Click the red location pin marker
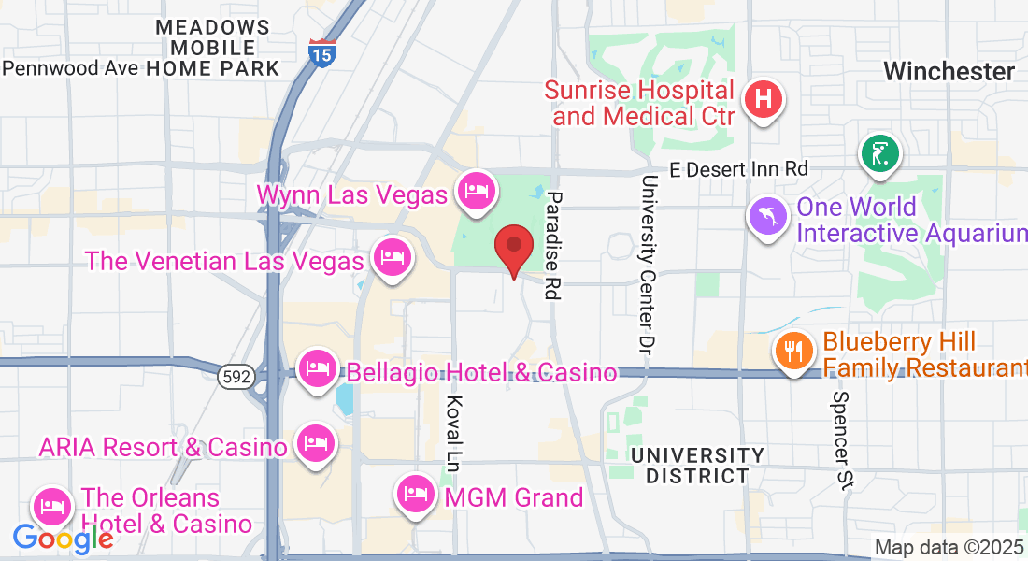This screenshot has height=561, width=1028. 513,247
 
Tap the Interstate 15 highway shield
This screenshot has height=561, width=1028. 321,51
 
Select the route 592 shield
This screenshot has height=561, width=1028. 234,376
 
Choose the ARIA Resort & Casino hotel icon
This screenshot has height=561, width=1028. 314,443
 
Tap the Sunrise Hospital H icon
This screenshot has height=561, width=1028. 764,97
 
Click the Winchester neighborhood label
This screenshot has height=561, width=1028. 949,71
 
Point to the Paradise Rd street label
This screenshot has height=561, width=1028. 553,245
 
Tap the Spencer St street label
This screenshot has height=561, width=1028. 842,440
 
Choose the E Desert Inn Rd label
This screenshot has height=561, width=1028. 739,169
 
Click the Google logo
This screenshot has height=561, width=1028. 62,539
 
